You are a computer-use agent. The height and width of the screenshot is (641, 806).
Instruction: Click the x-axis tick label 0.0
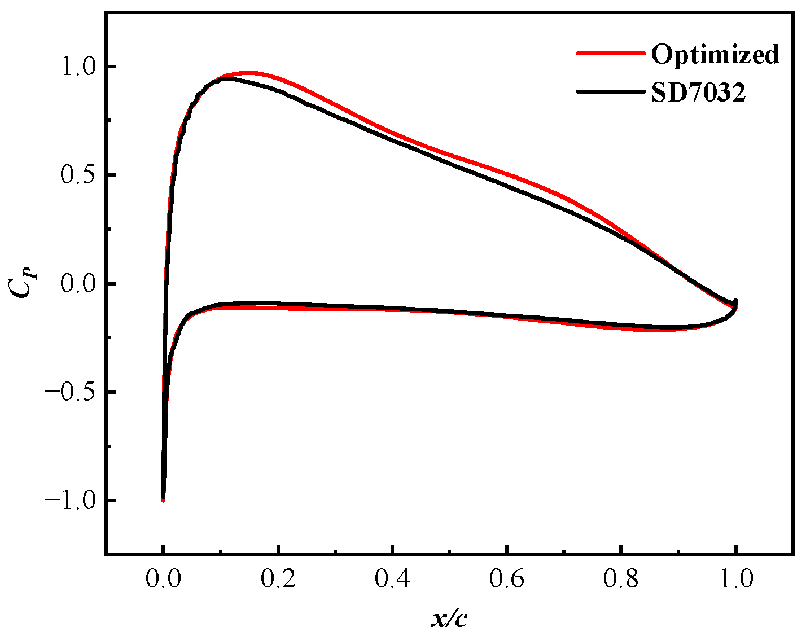click(163, 579)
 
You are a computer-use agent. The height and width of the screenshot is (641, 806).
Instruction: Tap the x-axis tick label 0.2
click(278, 579)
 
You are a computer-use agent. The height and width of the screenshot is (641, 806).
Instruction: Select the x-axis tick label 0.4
click(392, 579)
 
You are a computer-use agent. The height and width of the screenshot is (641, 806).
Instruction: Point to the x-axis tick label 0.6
click(507, 579)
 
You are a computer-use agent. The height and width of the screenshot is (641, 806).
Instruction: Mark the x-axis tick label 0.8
click(621, 579)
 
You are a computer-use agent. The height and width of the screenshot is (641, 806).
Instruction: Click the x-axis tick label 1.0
click(735, 579)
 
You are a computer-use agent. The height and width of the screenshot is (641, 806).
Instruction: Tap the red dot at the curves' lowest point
click(163, 500)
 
